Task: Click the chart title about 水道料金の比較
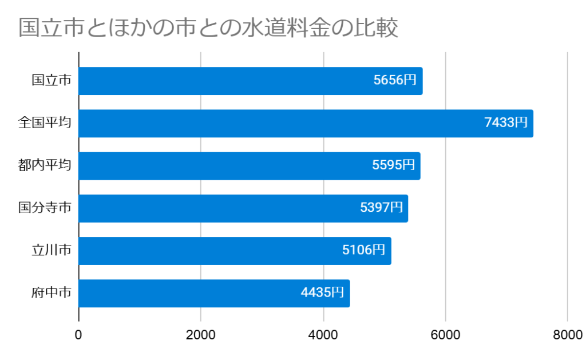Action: coord(208,27)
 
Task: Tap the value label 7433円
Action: coord(506,123)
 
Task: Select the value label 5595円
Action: coord(393,165)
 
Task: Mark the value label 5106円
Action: coord(364,250)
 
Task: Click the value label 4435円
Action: coord(322,293)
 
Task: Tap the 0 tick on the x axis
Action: coord(78,335)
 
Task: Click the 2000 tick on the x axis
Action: coord(201,335)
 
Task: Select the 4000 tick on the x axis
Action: coord(323,335)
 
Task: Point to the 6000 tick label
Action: coord(446,335)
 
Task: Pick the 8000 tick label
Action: coord(568,335)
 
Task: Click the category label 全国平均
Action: coord(45,123)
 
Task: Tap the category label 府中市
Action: coord(52,293)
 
